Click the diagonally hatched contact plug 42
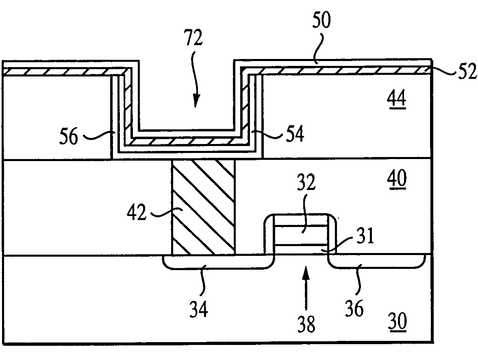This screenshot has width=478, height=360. [x=204, y=207]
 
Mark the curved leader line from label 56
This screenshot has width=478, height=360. [x=98, y=133]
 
